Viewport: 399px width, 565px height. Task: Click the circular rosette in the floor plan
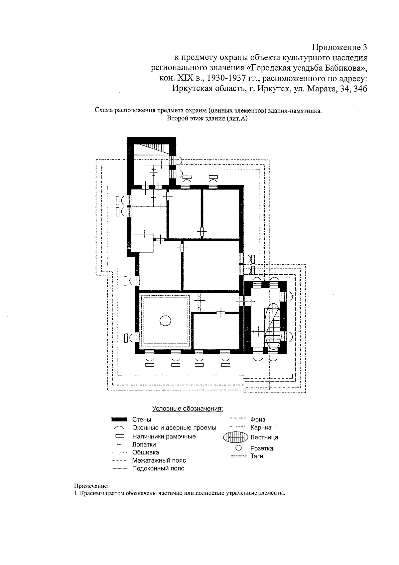[x=165, y=321]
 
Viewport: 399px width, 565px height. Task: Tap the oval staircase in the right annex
[x=273, y=326]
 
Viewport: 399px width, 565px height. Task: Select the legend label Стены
[x=142, y=420]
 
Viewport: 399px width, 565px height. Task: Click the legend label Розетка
[x=262, y=448]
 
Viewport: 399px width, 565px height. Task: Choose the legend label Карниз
[x=261, y=427]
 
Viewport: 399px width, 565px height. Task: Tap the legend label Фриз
[x=258, y=420]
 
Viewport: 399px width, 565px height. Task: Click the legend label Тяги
[x=257, y=456]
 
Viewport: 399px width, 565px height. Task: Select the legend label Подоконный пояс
[x=158, y=468]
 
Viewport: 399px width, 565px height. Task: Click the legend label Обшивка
[x=146, y=452]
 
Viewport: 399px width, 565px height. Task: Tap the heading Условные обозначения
[x=188, y=409]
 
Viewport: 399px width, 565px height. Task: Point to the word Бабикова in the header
[x=343, y=68]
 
